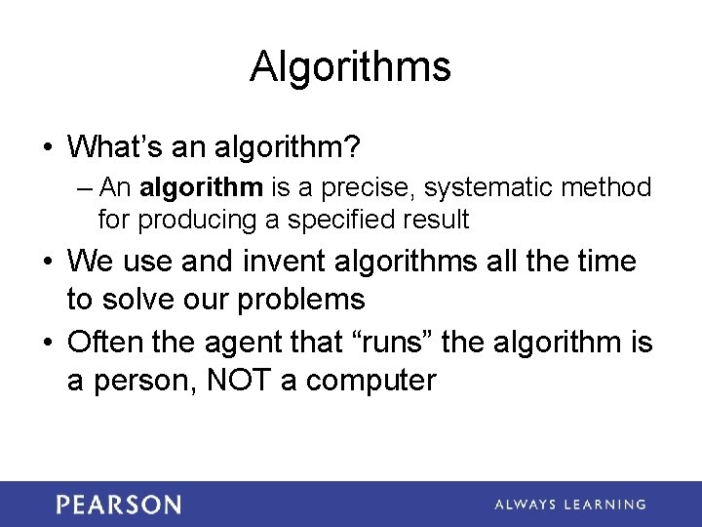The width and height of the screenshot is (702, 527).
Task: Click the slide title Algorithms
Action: point(350,66)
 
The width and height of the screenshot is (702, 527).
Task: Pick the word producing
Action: point(197,220)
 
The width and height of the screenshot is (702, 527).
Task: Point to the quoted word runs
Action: point(397,343)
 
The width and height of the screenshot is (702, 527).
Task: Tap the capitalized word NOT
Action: point(234,380)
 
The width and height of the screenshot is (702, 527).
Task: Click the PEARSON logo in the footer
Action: point(118,505)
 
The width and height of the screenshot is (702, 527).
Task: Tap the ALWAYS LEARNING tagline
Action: point(569,505)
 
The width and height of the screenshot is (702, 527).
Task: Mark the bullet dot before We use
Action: point(48,262)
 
